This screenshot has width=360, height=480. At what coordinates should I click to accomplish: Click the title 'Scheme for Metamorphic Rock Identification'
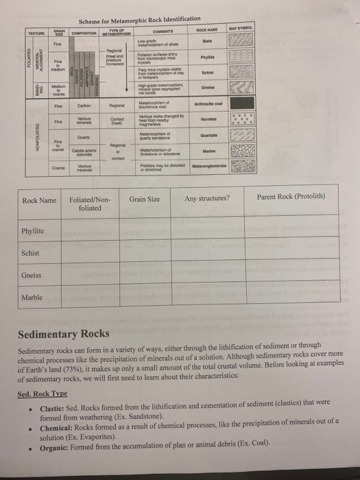[x=139, y=19]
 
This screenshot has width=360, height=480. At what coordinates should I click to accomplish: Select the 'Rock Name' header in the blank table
[x=39, y=200]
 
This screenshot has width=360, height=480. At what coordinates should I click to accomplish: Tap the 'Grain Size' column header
[x=144, y=200]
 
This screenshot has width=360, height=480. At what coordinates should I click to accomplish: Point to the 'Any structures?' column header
[x=207, y=200]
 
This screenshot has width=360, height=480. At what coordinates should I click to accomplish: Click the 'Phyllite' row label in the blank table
[x=35, y=231]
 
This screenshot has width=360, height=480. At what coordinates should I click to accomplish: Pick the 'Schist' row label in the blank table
[x=32, y=253]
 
